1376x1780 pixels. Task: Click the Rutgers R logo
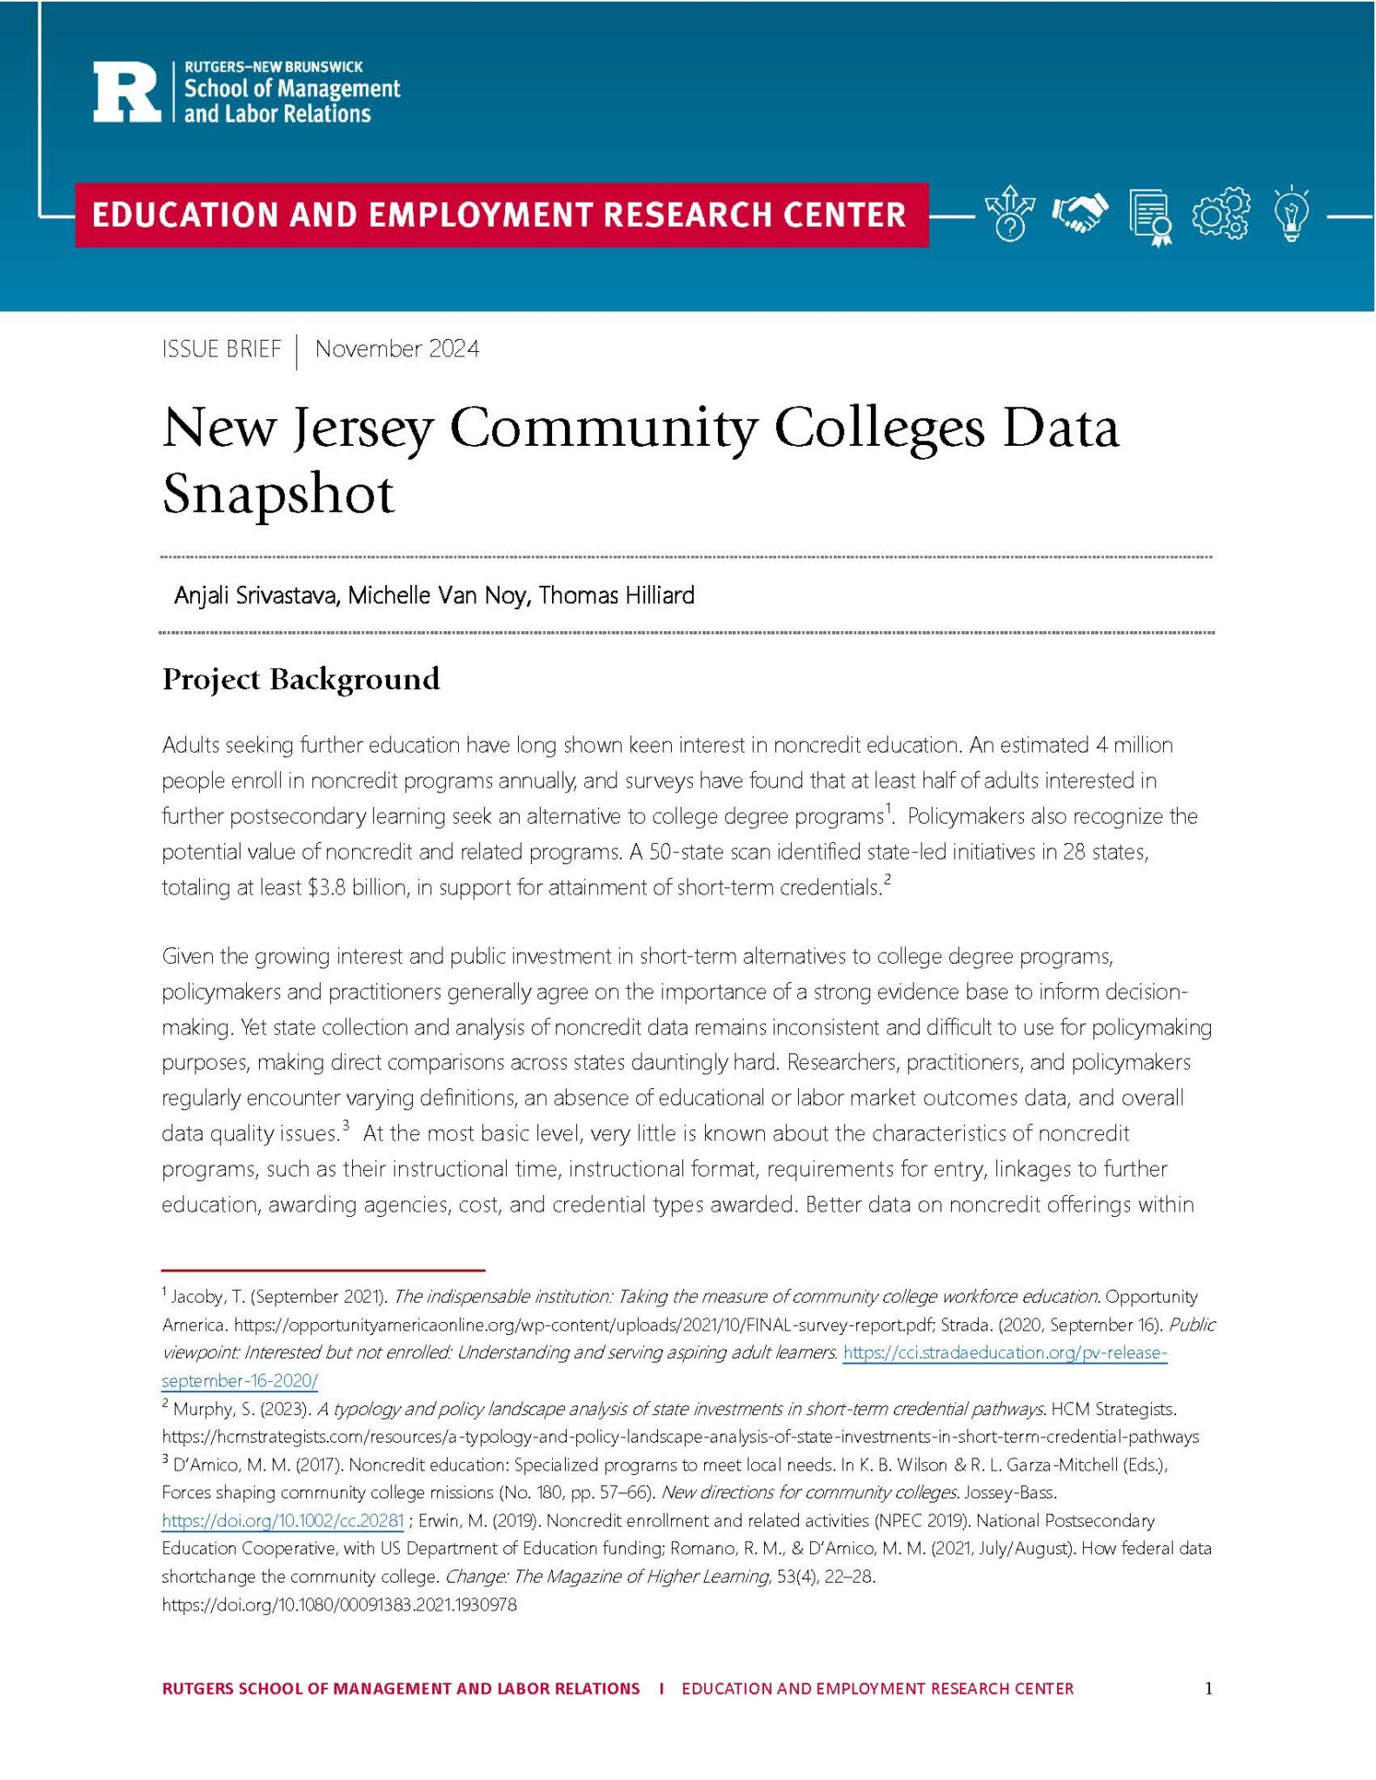point(127,90)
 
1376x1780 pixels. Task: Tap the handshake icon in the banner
point(1080,213)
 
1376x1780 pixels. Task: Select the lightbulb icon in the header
point(1292,213)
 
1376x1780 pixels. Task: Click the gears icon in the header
point(1221,214)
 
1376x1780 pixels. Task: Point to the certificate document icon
point(1150,216)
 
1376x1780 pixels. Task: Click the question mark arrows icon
point(1009,213)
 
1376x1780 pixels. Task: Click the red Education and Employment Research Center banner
point(501,215)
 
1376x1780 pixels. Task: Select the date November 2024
point(396,349)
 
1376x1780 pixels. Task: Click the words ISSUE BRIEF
point(222,349)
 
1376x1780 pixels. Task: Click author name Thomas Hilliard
point(616,595)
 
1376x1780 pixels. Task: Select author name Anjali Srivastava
point(256,595)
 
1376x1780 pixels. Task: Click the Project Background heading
point(301,679)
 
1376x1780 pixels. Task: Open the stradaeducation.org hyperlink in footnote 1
point(1004,1352)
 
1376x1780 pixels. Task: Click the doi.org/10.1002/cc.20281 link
point(283,1521)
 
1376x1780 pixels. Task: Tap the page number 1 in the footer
point(1208,1689)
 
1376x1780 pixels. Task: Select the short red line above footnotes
point(322,1270)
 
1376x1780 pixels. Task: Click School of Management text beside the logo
point(291,89)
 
